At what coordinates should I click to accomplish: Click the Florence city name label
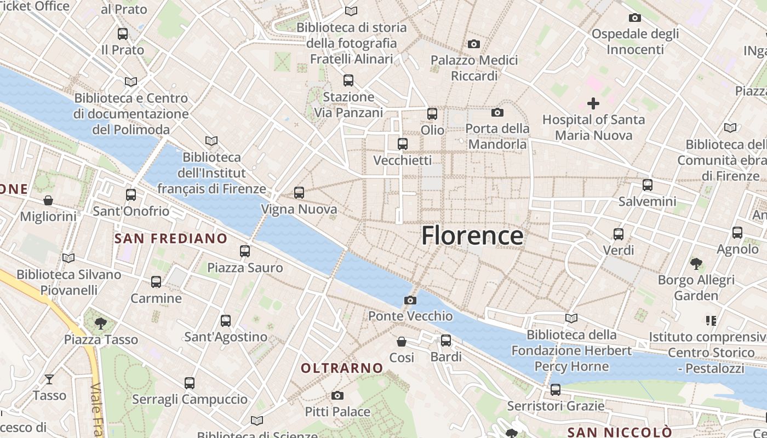[472, 235]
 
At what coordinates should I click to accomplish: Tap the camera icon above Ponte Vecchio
[410, 300]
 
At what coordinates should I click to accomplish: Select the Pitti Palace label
[337, 411]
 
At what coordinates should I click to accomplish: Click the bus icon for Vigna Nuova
[299, 193]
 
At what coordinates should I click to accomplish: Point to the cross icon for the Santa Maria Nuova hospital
[593, 103]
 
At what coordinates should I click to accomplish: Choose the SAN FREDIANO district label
[170, 238]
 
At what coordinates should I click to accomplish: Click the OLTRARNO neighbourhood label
[342, 368]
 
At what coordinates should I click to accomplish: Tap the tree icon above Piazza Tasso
[100, 324]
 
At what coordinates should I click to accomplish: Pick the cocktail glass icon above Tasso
[49, 379]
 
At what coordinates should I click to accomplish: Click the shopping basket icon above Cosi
[402, 342]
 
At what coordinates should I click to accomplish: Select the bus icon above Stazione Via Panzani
[348, 80]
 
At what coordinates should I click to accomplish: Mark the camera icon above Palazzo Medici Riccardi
[474, 44]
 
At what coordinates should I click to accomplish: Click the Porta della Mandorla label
[497, 136]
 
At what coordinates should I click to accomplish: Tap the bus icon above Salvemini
[648, 185]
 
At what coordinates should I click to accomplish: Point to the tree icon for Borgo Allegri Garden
[696, 264]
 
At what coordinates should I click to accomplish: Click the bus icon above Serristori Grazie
[556, 390]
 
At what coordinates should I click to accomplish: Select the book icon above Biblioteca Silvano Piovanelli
[68, 258]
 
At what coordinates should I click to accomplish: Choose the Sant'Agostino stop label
[226, 337]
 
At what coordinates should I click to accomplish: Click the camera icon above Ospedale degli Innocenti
[635, 18]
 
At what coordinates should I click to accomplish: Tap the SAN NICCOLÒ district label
[619, 432]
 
